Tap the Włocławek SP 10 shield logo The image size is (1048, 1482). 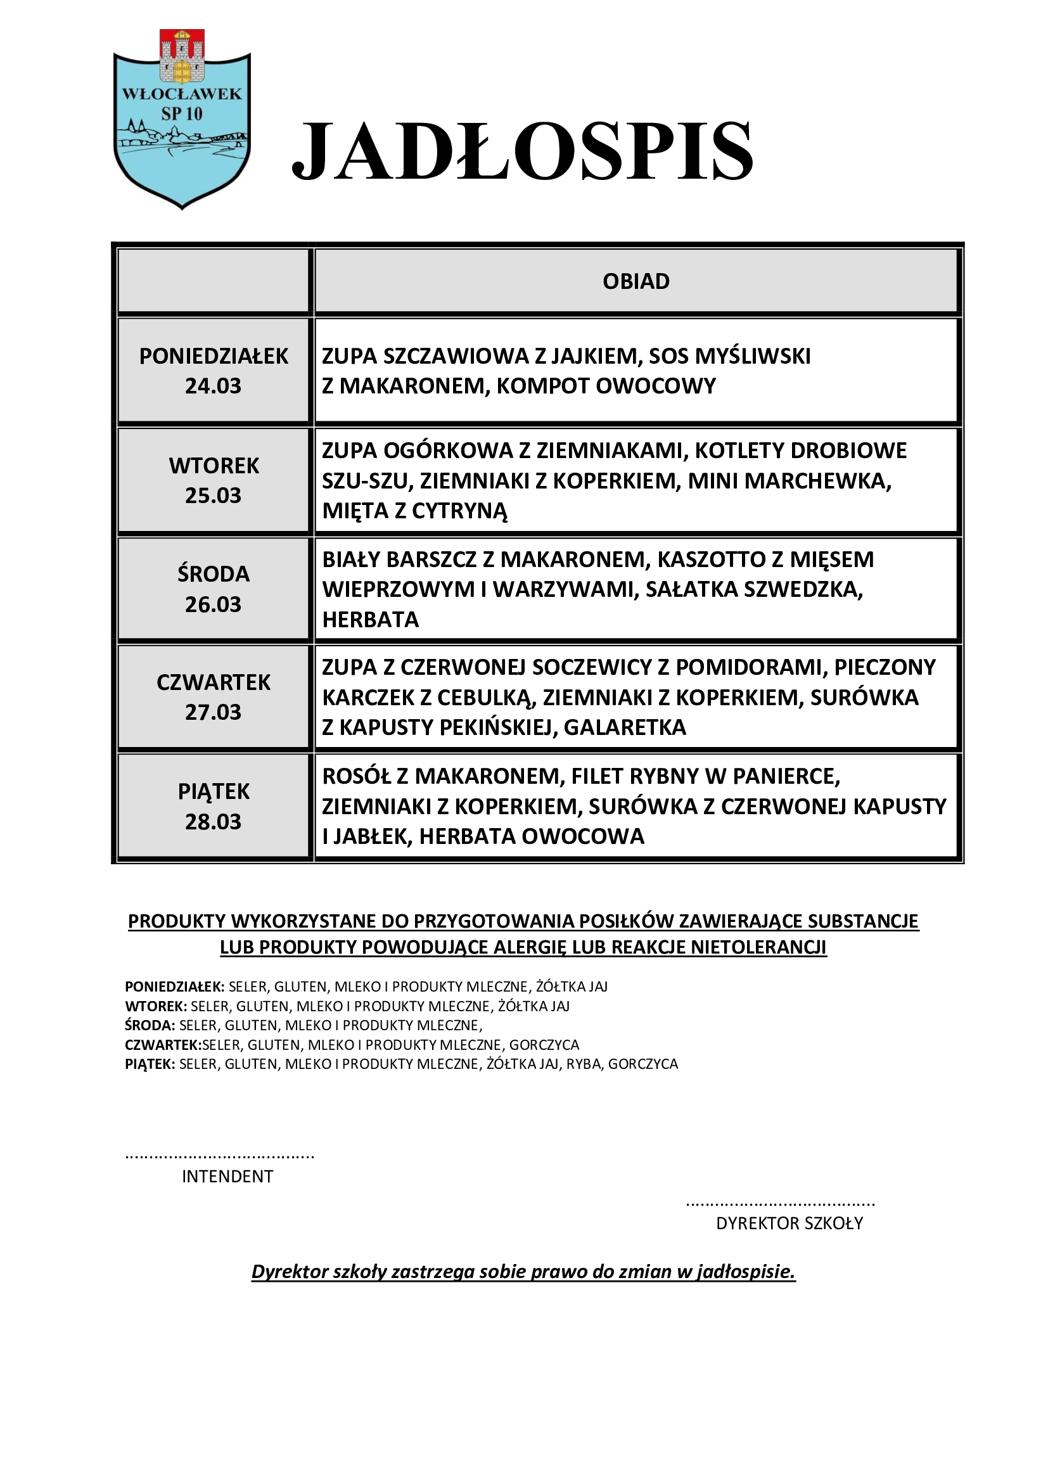(x=182, y=120)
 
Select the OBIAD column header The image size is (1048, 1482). (x=636, y=281)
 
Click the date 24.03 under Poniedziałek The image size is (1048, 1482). (x=213, y=386)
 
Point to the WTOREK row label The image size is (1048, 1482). (x=214, y=466)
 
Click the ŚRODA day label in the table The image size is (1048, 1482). (x=213, y=574)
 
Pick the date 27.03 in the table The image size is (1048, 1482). (x=213, y=712)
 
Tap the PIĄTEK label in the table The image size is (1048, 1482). (x=214, y=791)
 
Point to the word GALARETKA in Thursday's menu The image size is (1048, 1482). (x=625, y=727)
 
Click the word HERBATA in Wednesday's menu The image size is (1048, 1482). (x=371, y=620)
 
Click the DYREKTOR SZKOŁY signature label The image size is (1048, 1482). (x=789, y=1222)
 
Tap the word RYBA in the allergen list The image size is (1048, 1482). (x=584, y=1064)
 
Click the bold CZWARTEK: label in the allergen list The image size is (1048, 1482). (x=163, y=1044)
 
